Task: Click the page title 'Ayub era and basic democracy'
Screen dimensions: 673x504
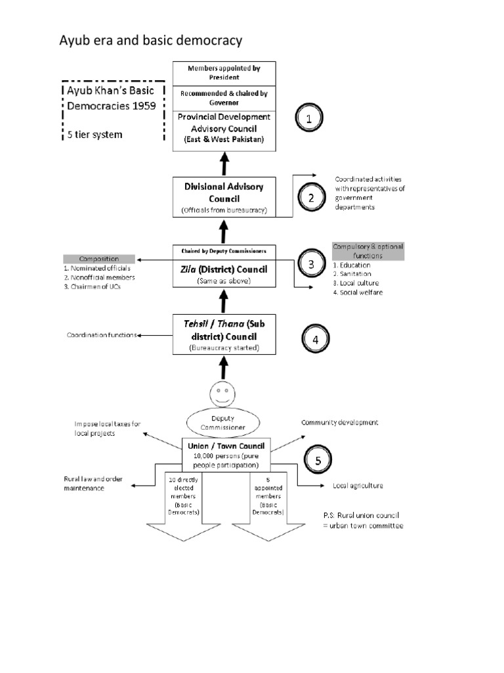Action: [151, 41]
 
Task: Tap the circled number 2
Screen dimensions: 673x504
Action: [311, 197]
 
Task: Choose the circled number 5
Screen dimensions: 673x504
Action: [318, 460]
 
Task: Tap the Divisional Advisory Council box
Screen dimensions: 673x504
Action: [224, 197]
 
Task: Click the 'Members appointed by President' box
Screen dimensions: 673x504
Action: [224, 72]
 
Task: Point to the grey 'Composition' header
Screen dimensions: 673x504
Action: [99, 259]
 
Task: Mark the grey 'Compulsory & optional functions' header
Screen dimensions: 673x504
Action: [367, 250]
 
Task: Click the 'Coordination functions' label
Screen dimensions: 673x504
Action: [102, 335]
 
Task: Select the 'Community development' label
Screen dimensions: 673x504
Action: [339, 423]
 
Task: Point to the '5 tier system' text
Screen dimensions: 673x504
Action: [95, 135]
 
